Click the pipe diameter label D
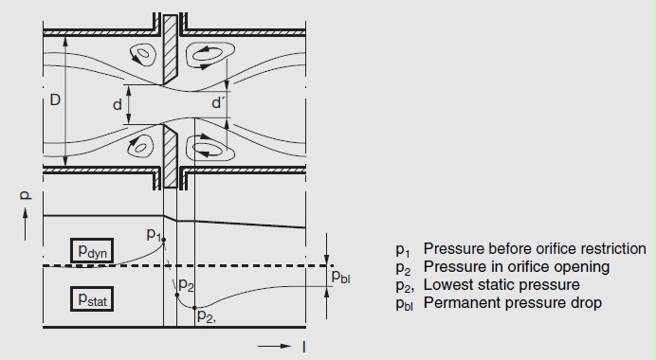[55, 99]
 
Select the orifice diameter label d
[118, 104]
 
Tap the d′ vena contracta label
[217, 102]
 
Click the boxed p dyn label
[92, 250]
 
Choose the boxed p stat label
[92, 298]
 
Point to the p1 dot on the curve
[164, 240]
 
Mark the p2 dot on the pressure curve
[177, 296]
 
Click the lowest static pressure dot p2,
[194, 308]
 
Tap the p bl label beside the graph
[340, 277]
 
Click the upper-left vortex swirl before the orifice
[142, 54]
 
